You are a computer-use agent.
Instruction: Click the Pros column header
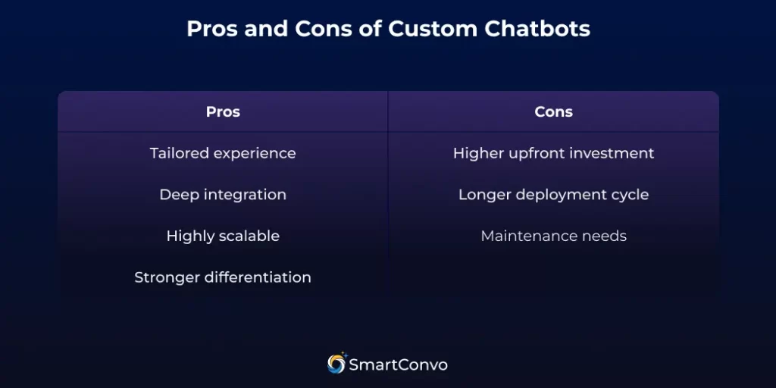click(x=223, y=112)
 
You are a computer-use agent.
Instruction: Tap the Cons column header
click(x=553, y=112)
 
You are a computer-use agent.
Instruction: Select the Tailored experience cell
click(x=223, y=153)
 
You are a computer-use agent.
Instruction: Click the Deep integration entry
click(x=223, y=195)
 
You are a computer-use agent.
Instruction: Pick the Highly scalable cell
click(x=223, y=236)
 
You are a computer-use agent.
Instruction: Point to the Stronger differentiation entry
click(x=223, y=277)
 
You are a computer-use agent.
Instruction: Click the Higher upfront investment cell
click(x=553, y=153)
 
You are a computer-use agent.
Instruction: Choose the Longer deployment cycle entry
click(x=553, y=195)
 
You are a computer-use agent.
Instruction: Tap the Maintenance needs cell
click(x=553, y=236)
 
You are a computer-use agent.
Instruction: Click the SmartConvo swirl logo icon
click(x=336, y=364)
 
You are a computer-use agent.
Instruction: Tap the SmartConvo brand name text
click(x=398, y=365)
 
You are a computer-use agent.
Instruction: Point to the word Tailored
click(x=180, y=153)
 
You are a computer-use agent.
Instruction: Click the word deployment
click(x=561, y=196)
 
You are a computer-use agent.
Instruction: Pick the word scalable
click(x=250, y=236)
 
